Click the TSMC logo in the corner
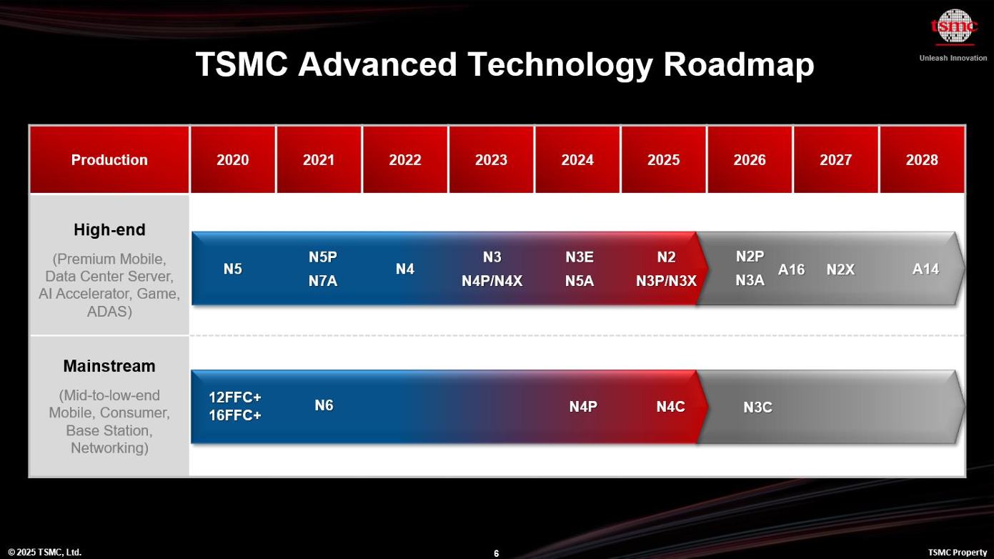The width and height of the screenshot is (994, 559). pyautogui.click(x=954, y=27)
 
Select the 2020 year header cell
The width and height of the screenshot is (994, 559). pyautogui.click(x=232, y=159)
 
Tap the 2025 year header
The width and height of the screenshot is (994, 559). pyautogui.click(x=663, y=159)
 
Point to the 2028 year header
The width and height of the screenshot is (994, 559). pyautogui.click(x=922, y=159)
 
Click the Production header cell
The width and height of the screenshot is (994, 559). pyautogui.click(x=109, y=159)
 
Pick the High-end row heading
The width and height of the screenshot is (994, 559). pyautogui.click(x=109, y=229)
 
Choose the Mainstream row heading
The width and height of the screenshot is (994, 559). pyautogui.click(x=109, y=366)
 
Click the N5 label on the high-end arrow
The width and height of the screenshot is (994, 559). pyautogui.click(x=232, y=269)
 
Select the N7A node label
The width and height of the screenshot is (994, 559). pyautogui.click(x=322, y=281)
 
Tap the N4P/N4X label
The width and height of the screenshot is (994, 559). pyautogui.click(x=492, y=281)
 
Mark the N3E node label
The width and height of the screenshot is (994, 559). pyautogui.click(x=580, y=257)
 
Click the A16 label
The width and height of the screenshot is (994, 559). pyautogui.click(x=791, y=269)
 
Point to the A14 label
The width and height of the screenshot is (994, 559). pyautogui.click(x=925, y=269)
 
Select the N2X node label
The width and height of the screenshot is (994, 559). pyautogui.click(x=840, y=269)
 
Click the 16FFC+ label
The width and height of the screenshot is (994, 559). pyautogui.click(x=234, y=415)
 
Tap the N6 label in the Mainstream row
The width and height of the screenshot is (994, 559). pyautogui.click(x=324, y=405)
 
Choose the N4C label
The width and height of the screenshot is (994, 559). pyautogui.click(x=670, y=406)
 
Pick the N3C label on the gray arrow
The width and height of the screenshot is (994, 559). pyautogui.click(x=757, y=407)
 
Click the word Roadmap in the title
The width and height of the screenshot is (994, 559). pyautogui.click(x=738, y=64)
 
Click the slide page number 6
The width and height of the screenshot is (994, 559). pyautogui.click(x=496, y=553)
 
